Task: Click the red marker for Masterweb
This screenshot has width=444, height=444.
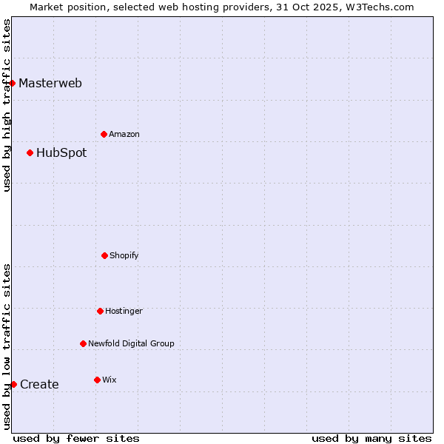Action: tap(13, 83)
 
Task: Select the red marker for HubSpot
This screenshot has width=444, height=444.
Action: tap(30, 153)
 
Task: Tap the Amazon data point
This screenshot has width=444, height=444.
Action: tap(104, 134)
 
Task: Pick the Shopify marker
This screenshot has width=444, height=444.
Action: tap(104, 255)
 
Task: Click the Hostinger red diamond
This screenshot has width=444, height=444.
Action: tap(100, 311)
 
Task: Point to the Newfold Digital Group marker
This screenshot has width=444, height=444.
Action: tap(83, 343)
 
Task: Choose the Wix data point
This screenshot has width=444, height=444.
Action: tap(97, 380)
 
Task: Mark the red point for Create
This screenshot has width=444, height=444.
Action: tap(13, 384)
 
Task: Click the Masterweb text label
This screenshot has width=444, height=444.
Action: tap(50, 83)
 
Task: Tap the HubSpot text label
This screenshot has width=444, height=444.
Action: tap(61, 153)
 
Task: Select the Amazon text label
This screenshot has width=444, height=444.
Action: tap(124, 134)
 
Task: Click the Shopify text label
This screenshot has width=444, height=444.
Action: tap(124, 255)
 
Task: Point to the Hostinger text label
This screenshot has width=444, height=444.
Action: tap(124, 311)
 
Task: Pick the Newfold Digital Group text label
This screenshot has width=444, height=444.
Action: tap(131, 343)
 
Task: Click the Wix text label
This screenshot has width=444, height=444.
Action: tap(110, 380)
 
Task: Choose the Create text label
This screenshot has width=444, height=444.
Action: tap(39, 384)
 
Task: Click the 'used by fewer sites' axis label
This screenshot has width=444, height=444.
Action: tap(76, 438)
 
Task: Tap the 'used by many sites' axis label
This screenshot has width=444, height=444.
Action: tap(371, 438)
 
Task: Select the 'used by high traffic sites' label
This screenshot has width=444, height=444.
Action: tap(7, 105)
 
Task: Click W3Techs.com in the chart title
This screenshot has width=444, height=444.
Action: tap(377, 7)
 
